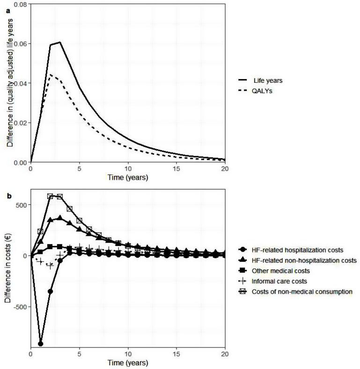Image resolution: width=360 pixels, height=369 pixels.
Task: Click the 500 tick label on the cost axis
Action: point(21,205)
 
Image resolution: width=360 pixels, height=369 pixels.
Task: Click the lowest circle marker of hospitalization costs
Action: point(41,344)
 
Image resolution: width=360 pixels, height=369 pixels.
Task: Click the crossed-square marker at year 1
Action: point(41,232)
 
